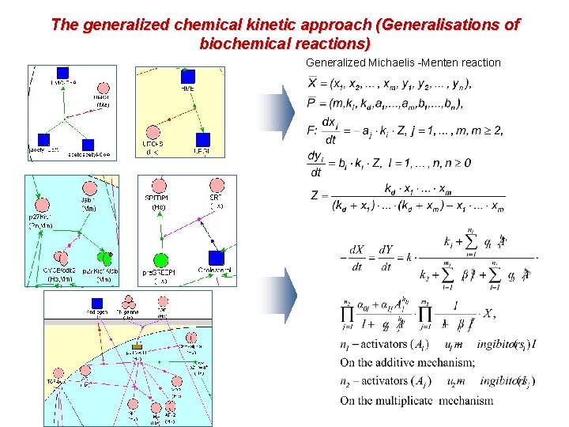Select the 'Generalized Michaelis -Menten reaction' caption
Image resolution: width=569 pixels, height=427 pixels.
point(403,62)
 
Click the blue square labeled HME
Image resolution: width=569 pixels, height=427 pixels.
point(188,76)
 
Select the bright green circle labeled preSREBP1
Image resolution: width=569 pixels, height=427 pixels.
point(160,260)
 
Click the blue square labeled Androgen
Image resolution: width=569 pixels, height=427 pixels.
point(97,302)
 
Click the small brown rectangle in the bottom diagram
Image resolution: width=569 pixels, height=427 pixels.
point(137,347)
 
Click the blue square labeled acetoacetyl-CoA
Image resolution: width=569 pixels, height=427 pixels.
point(88,145)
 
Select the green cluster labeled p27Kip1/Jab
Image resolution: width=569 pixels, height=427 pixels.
point(104,257)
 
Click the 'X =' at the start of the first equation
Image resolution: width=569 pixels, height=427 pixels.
point(317,84)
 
